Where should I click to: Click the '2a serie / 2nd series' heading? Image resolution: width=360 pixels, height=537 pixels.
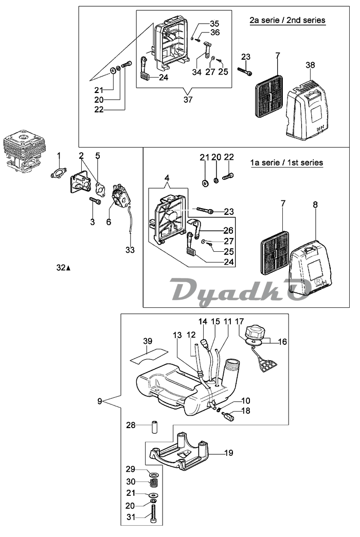tap(287, 20)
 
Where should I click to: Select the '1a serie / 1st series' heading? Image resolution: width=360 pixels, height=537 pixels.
tap(286, 162)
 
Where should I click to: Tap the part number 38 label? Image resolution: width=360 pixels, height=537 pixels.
tap(310, 65)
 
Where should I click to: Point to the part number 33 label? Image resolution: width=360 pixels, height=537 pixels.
tap(130, 250)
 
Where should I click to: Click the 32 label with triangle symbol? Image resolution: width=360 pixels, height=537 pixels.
tap(63, 268)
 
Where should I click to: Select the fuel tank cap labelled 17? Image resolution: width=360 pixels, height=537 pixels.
tap(255, 333)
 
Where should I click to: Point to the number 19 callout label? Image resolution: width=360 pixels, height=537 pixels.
tap(229, 453)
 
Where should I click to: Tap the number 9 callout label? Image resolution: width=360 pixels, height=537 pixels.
tap(99, 401)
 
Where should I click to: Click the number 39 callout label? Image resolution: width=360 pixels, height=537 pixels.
tap(148, 341)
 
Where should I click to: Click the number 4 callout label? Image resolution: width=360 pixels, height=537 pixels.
tap(167, 178)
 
